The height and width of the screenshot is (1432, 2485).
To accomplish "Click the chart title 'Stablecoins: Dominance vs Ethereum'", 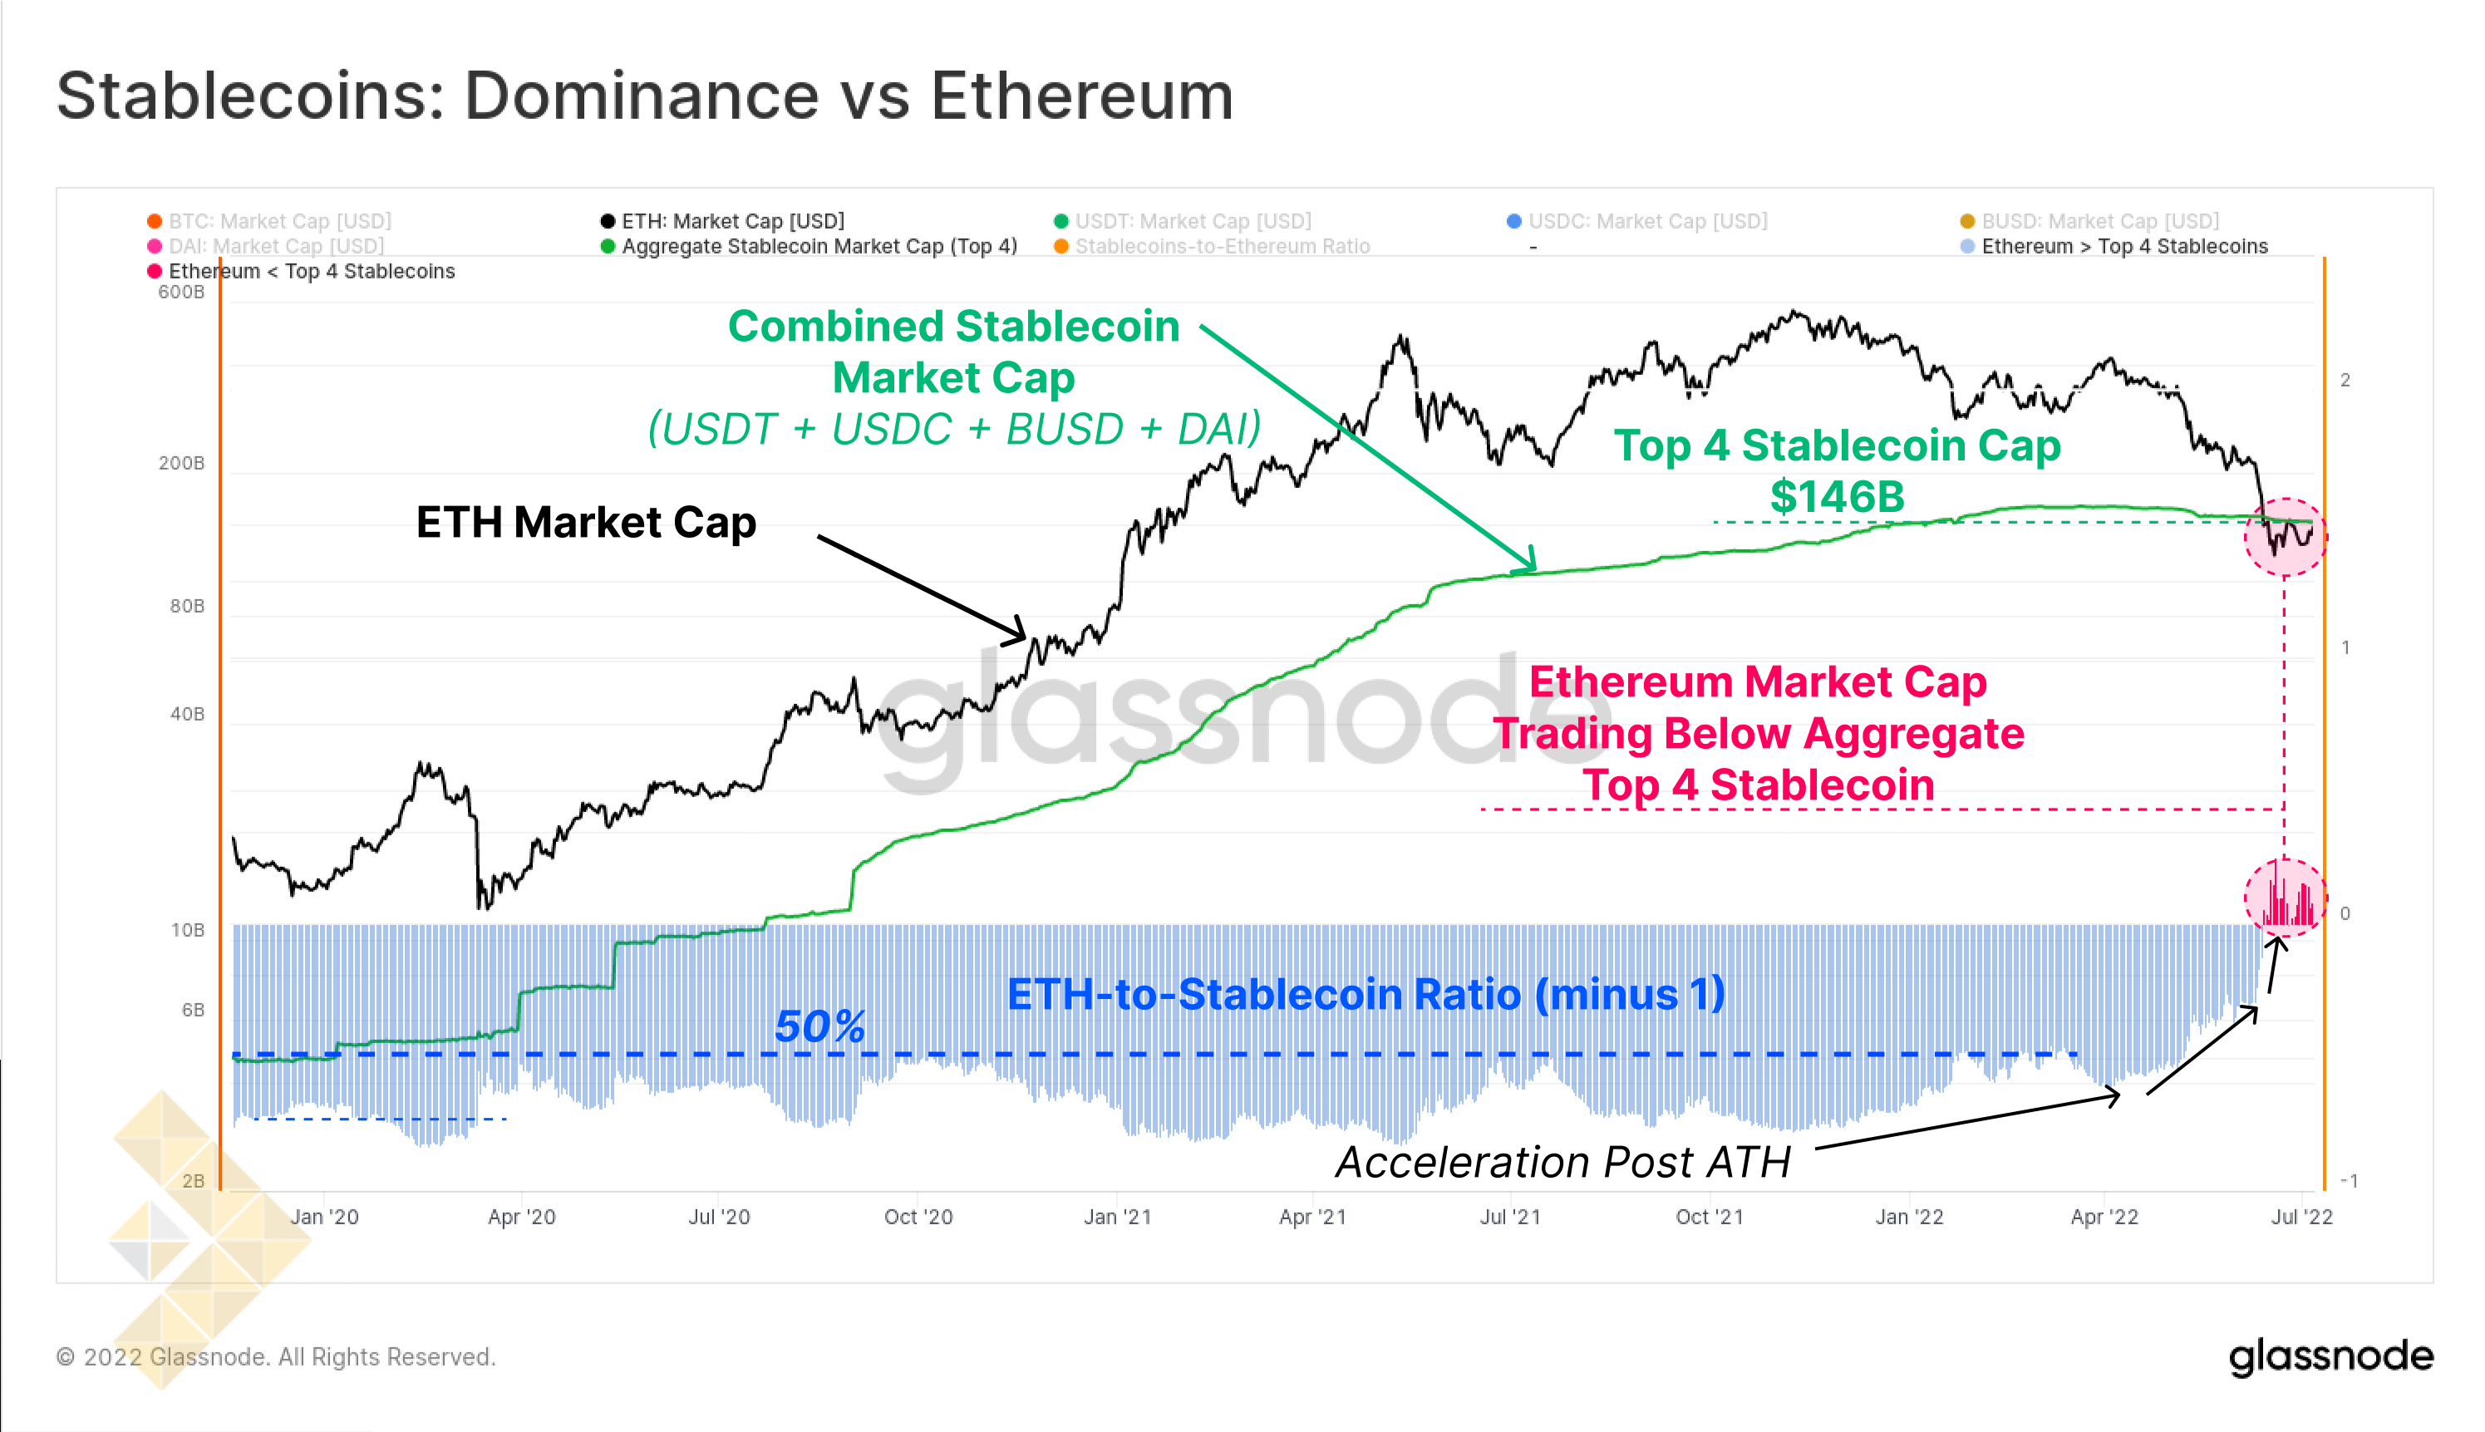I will coord(644,96).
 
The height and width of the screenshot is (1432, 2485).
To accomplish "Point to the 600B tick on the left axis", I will coord(182,292).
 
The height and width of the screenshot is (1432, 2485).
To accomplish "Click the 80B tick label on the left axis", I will coord(187,606).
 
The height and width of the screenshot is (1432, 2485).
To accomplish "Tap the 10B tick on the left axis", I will coord(187,929).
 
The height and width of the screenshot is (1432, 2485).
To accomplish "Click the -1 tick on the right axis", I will coord(2349,1180).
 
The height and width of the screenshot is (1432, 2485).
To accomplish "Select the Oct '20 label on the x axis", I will coord(918,1217).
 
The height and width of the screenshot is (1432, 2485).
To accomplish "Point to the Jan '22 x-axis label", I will coord(1909,1217).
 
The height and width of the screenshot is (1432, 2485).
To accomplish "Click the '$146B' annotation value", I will coord(1837,497).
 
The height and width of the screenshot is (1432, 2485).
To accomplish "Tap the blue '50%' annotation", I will coord(819,1026).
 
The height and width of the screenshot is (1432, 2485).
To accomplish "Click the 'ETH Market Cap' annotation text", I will coord(586,522).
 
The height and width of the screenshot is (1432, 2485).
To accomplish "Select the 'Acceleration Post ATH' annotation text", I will coord(1562,1163).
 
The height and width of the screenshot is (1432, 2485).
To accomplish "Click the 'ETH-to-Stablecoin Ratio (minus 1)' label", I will coord(1366,994).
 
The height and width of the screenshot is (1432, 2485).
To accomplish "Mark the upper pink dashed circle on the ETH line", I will coord(2285,537).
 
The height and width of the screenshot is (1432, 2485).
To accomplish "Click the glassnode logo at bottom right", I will coord(2330,1356).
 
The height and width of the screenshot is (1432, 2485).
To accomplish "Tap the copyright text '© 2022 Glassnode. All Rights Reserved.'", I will coord(276,1357).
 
